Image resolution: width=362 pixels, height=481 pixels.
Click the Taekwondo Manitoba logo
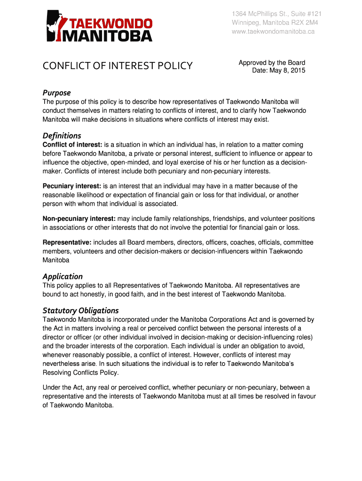click(x=99, y=26)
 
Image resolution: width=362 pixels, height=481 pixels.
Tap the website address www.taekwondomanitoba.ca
click(x=273, y=31)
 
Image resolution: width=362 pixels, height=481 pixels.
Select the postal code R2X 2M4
click(x=304, y=23)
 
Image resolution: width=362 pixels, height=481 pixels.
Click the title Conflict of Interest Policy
click(x=118, y=65)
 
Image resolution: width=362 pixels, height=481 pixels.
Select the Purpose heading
click(x=56, y=93)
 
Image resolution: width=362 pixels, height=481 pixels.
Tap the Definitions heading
click(x=62, y=136)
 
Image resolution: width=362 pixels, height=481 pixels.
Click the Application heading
click(x=63, y=276)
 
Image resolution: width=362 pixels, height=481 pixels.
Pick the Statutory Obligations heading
click(x=80, y=310)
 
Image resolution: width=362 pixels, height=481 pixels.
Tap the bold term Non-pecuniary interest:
click(x=79, y=219)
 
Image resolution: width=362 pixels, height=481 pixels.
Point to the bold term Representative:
click(x=67, y=242)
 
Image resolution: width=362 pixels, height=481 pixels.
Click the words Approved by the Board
click(x=272, y=62)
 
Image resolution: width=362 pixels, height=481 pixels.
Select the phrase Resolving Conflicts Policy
click(x=80, y=372)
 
